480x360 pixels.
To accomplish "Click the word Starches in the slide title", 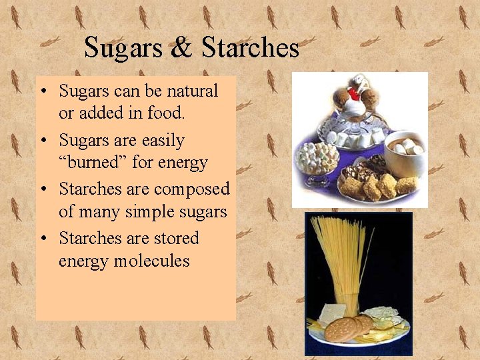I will click(x=250, y=48).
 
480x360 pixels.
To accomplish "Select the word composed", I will click(x=191, y=190).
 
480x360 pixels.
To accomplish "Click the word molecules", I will click(x=151, y=261).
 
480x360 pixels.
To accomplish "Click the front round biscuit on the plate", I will click(x=342, y=330).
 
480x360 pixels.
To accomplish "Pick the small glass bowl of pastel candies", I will click(x=318, y=161).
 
